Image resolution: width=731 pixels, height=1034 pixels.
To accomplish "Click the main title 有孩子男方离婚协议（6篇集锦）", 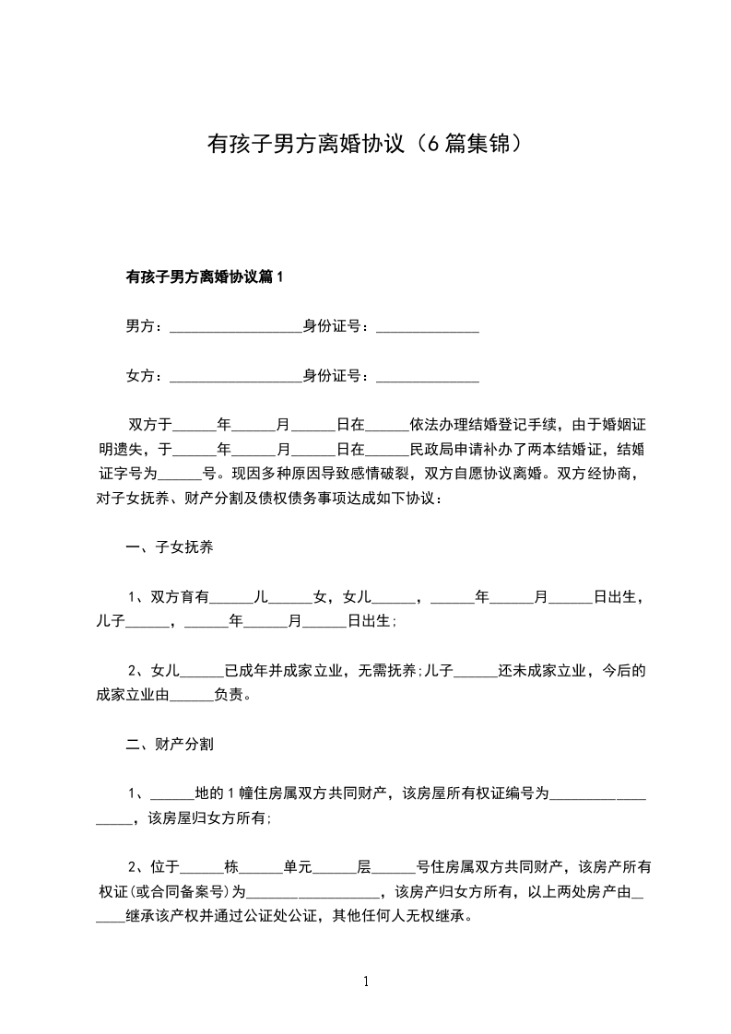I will tap(366, 145).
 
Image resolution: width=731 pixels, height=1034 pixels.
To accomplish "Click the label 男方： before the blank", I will tap(145, 326).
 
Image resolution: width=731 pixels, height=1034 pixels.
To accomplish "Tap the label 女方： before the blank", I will tap(145, 376).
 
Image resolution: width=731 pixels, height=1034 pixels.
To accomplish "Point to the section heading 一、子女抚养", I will tap(170, 548).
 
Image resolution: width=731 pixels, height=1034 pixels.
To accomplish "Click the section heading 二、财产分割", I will tap(170, 743).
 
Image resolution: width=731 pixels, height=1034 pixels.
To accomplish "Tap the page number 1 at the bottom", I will tap(367, 982).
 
